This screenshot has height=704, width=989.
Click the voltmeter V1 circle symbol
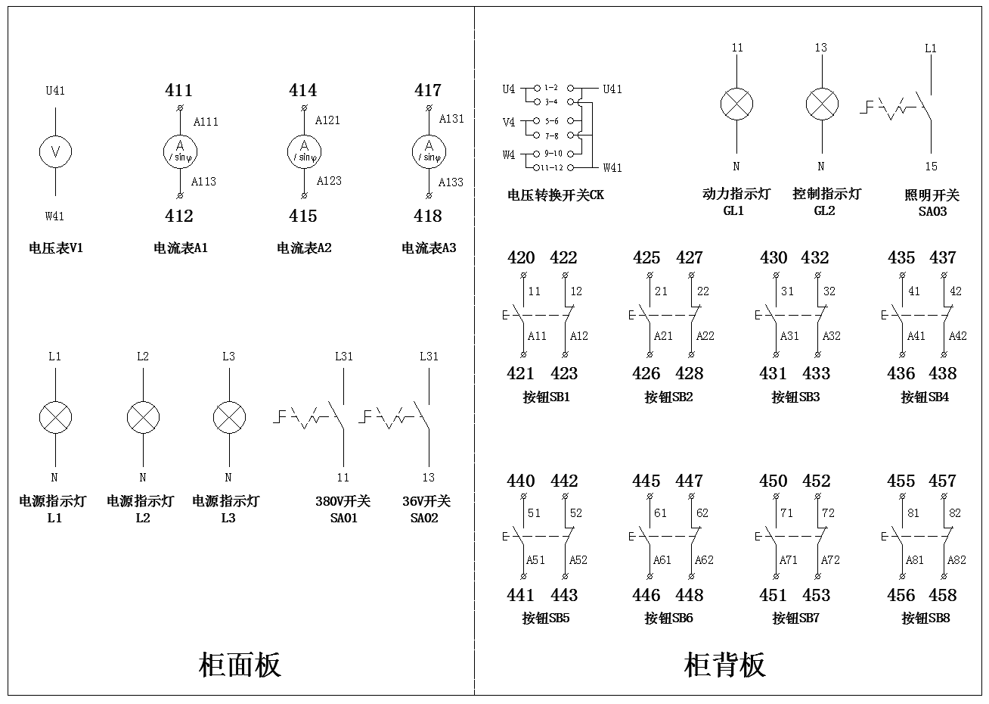click(55, 152)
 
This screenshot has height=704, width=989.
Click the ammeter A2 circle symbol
click(305, 152)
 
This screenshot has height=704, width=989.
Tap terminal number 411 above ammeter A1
click(179, 91)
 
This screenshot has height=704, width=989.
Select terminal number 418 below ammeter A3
click(428, 216)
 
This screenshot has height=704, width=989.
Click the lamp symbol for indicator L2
click(143, 417)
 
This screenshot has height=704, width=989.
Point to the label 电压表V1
click(55, 248)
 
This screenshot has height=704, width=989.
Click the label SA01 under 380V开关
click(343, 518)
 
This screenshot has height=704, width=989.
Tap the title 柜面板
click(240, 665)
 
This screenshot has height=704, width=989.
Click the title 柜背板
click(724, 665)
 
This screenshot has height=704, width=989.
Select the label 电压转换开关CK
click(556, 195)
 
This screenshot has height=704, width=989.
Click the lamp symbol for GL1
click(736, 104)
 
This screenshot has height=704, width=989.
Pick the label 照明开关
click(932, 195)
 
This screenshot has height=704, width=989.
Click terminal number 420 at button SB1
click(521, 258)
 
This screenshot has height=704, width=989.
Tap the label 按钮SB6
click(668, 618)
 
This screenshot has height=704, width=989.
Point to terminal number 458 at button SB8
click(943, 596)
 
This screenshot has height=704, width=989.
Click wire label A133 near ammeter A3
click(451, 182)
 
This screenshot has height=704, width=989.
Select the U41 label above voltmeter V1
click(55, 91)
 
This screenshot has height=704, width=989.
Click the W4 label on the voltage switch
click(509, 154)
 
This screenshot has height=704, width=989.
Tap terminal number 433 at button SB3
click(816, 374)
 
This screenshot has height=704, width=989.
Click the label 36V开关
click(426, 501)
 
